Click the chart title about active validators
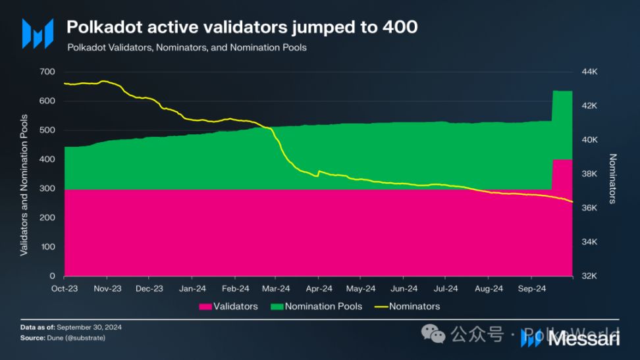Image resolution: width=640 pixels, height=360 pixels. [x=242, y=27]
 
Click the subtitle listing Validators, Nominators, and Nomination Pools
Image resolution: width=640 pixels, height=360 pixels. [x=186, y=47]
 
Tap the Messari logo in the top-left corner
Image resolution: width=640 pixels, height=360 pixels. [x=37, y=33]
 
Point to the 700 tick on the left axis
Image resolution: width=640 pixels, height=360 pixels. [x=47, y=72]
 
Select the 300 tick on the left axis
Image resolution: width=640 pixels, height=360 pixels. [x=47, y=189]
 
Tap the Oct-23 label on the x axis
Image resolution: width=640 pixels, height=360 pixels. [x=65, y=288]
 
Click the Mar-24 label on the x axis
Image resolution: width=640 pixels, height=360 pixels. [x=276, y=288]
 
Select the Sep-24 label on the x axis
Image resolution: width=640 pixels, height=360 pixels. [x=531, y=288]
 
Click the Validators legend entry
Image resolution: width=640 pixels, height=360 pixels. [x=228, y=306]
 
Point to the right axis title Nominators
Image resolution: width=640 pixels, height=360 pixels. [x=612, y=178]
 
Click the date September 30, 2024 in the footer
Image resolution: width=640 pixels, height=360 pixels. [x=90, y=327]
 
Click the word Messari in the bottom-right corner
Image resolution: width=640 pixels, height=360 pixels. [x=583, y=338]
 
